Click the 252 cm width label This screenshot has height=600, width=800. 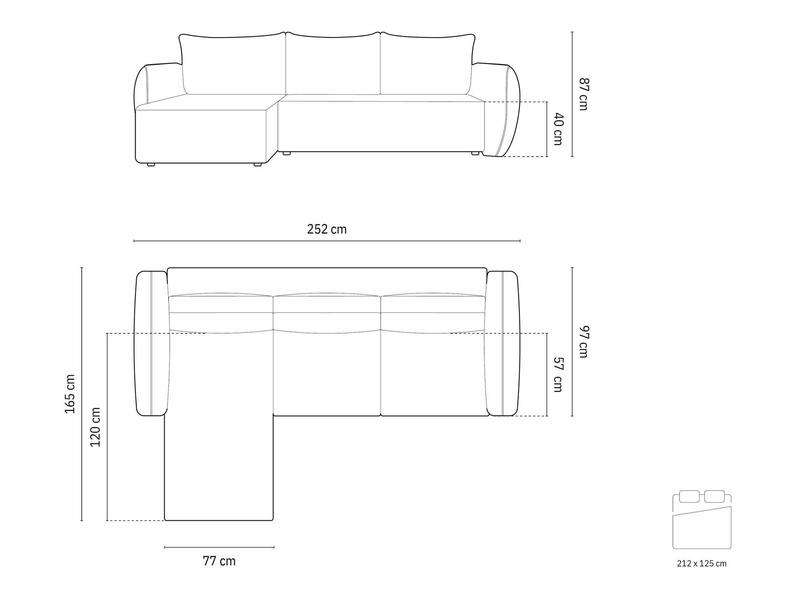(327, 229)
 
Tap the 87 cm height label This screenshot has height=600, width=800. (584, 94)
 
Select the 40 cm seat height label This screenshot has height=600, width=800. (558, 129)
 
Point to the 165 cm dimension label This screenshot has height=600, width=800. (70, 394)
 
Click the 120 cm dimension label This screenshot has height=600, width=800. (95, 427)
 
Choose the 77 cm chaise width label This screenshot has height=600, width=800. (219, 561)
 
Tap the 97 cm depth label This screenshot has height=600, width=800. (584, 341)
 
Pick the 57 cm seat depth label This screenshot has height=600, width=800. (558, 375)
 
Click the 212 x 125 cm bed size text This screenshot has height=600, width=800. (702, 563)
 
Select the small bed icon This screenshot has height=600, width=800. (702, 519)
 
